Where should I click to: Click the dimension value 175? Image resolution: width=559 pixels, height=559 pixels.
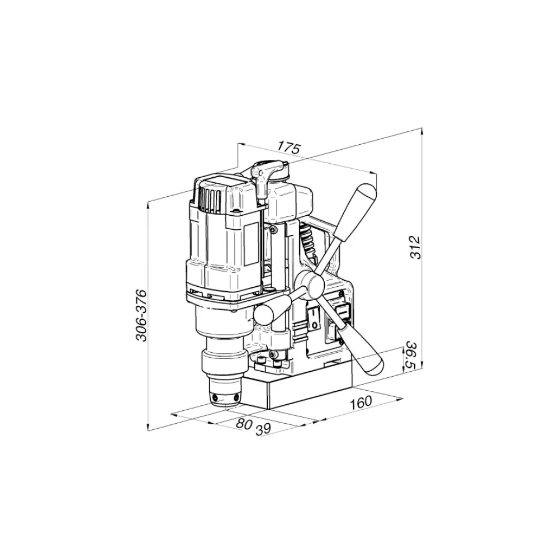click(x=290, y=147)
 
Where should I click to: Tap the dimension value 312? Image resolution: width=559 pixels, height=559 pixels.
click(x=416, y=247)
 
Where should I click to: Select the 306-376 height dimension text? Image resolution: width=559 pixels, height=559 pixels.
click(x=141, y=315)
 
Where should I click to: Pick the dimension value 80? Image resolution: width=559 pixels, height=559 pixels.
click(x=244, y=424)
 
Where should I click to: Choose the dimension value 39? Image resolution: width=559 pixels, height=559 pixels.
click(x=263, y=429)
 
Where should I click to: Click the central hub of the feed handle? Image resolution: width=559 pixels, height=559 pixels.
click(x=312, y=284)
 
